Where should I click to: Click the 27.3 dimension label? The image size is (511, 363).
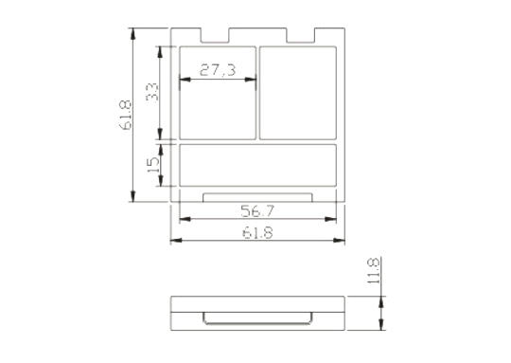[218, 70]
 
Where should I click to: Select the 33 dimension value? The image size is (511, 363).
[151, 92]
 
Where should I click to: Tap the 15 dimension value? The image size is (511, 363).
[153, 165]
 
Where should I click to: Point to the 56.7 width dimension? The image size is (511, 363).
[257, 211]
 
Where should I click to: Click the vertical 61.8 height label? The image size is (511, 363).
[125, 115]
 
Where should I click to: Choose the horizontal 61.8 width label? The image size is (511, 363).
[257, 233]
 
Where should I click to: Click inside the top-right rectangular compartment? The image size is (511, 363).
[298, 93]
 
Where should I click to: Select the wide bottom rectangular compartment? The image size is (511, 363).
[257, 165]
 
